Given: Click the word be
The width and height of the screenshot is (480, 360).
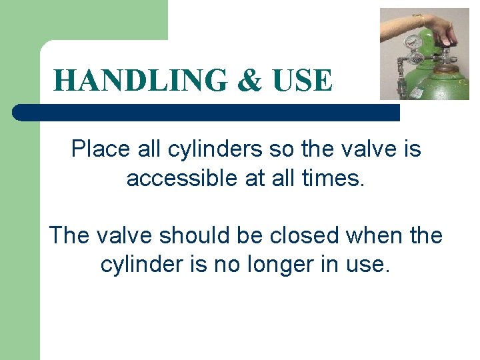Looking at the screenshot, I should point(267,235).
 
